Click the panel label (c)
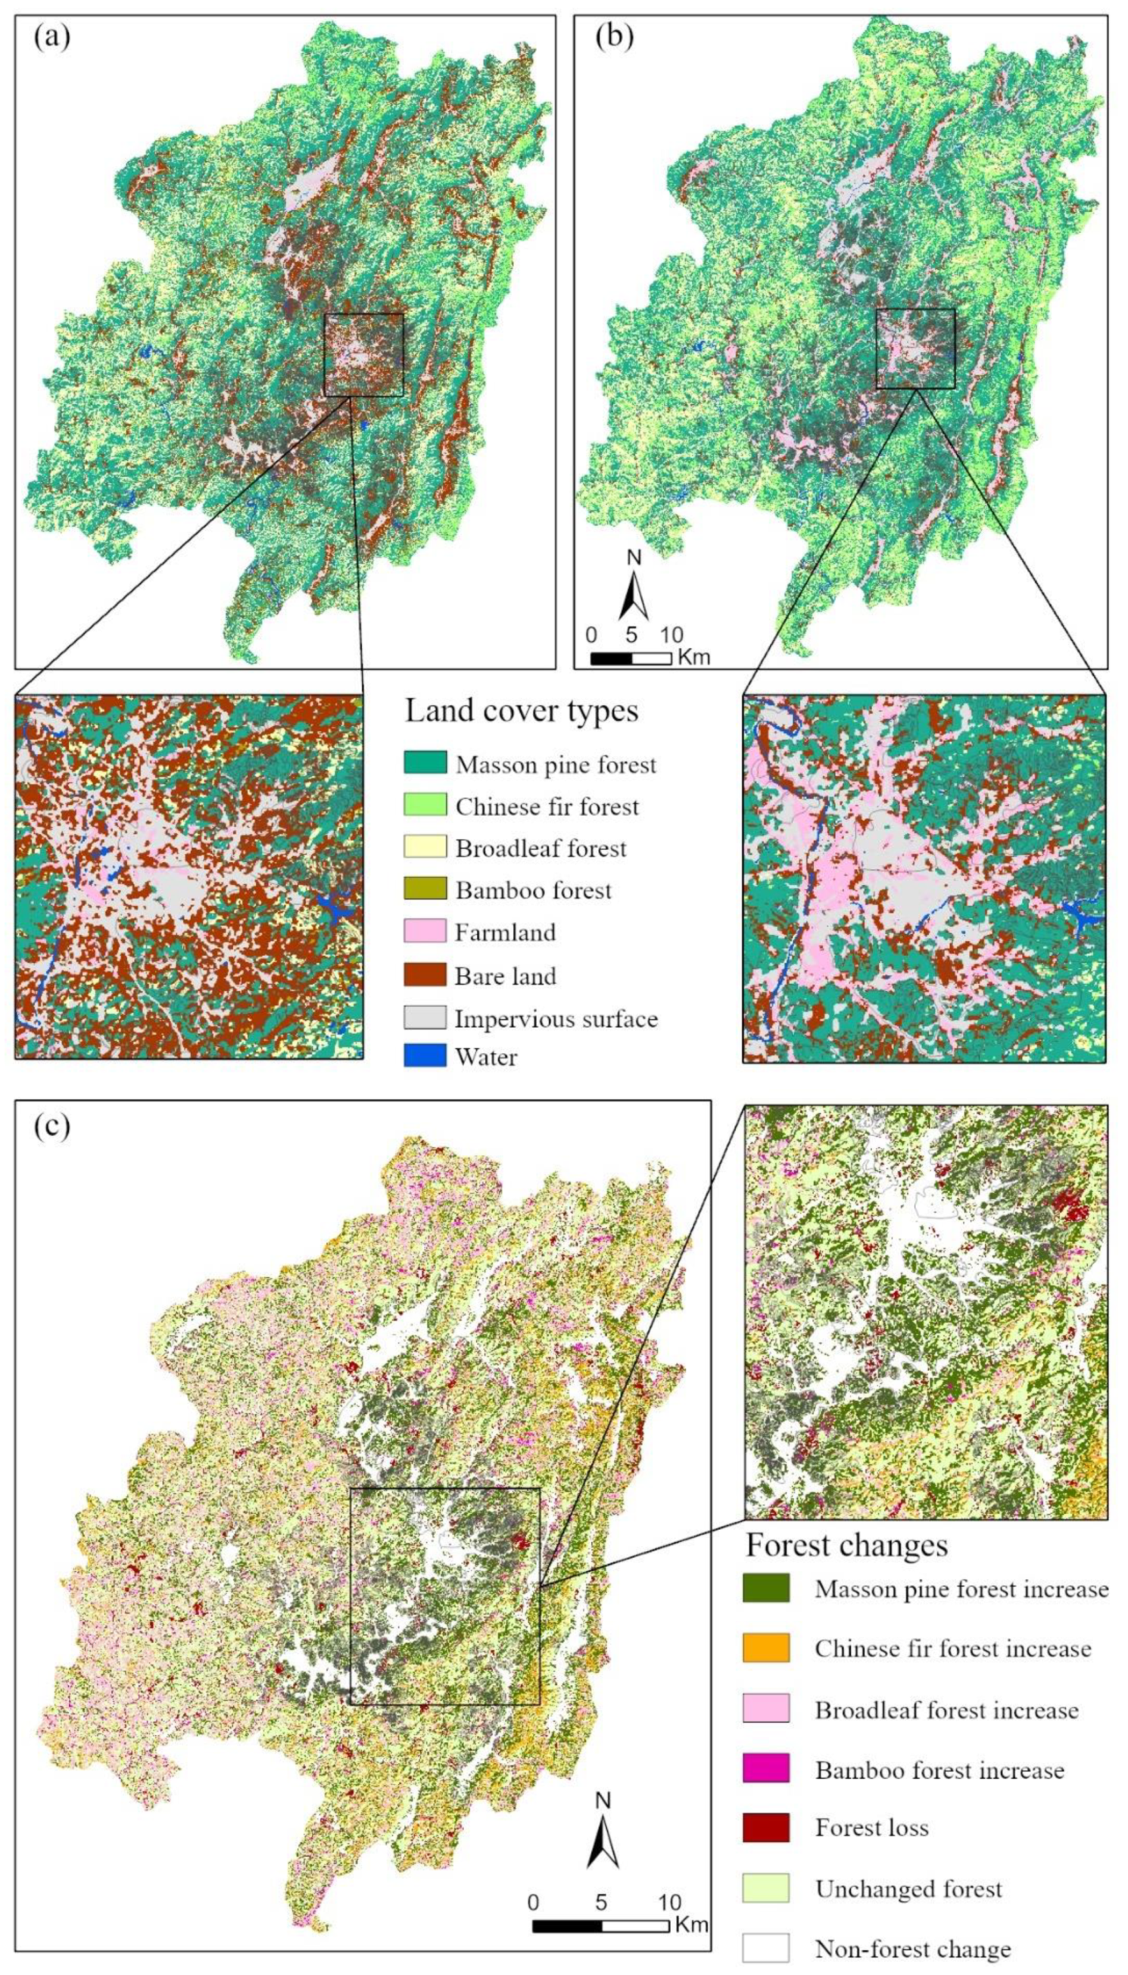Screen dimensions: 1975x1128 (x=51, y=1126)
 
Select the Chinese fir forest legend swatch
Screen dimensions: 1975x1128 (x=425, y=805)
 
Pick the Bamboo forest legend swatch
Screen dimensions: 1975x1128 (x=425, y=889)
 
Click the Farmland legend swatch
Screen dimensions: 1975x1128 (x=425, y=930)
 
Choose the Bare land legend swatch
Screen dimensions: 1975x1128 (x=425, y=974)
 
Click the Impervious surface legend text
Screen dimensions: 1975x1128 (x=556, y=1017)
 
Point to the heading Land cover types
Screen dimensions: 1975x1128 (x=522, y=710)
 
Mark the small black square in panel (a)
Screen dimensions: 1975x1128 (x=363, y=354)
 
